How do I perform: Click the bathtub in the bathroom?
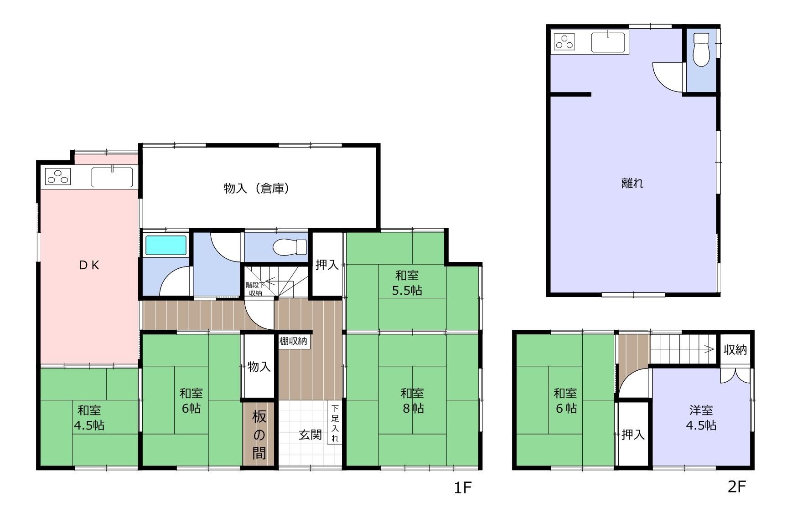tap(166, 245)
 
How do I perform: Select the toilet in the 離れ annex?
tap(701, 49)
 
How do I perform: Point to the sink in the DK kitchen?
tap(112, 177)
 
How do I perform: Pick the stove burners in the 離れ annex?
tap(564, 42)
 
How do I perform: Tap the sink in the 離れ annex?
tap(609, 42)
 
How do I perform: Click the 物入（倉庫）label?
tap(257, 188)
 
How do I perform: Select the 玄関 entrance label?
tap(310, 435)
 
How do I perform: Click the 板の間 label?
tap(259, 435)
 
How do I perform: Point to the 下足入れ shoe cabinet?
tap(335, 423)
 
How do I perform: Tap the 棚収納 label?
tap(293, 341)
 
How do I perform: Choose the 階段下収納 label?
tap(254, 289)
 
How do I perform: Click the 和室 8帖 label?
tap(412, 400)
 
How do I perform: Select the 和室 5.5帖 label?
tap(407, 283)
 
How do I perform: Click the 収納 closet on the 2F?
tap(735, 349)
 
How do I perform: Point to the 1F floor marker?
tap(462, 488)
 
